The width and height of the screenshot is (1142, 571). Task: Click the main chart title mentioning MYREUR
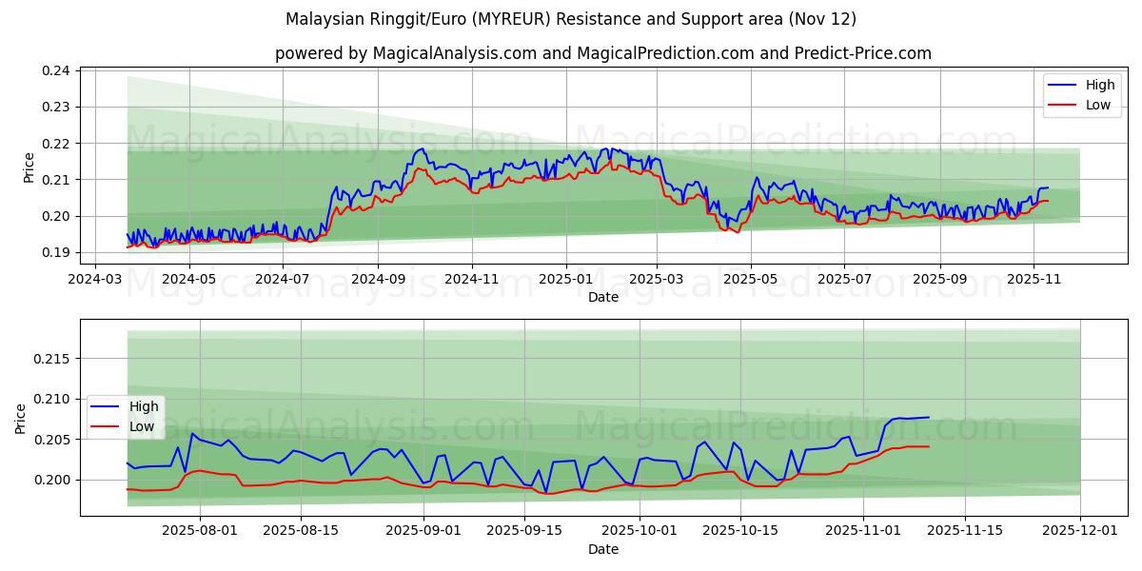click(x=571, y=19)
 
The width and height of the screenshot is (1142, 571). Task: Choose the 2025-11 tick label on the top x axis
click(x=1034, y=279)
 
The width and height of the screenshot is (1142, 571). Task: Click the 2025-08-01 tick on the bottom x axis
click(x=200, y=530)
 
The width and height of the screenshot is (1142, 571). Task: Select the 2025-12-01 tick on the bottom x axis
click(x=1080, y=530)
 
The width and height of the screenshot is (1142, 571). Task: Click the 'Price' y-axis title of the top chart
click(x=29, y=167)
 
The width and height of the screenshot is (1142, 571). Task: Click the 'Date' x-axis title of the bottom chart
click(x=602, y=549)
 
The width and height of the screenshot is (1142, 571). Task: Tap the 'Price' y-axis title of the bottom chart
click(x=21, y=418)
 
